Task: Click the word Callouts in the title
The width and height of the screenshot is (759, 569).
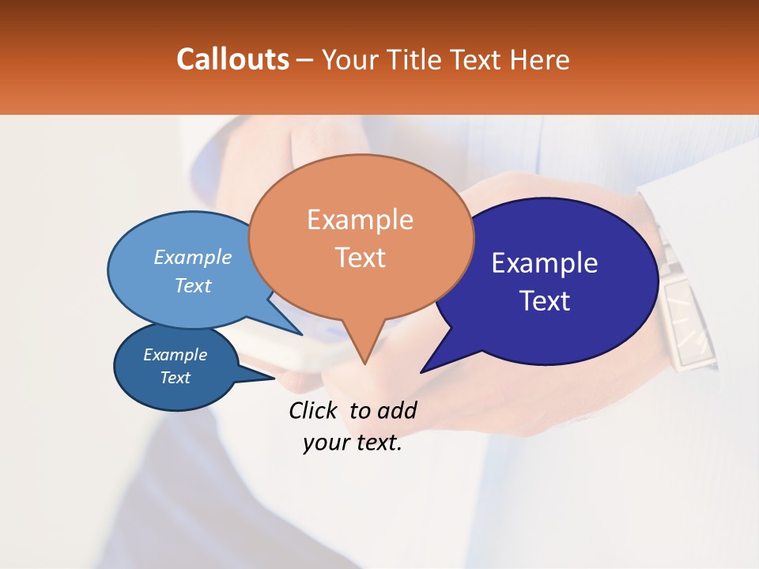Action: pos(232,59)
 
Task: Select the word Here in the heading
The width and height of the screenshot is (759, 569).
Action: pos(540,59)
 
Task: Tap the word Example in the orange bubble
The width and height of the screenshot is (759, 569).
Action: pos(360,220)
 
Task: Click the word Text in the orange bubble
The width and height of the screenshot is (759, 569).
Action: pos(360,258)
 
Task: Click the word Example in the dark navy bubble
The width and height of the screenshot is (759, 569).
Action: pos(545,263)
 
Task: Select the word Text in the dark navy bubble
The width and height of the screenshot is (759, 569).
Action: pos(545,301)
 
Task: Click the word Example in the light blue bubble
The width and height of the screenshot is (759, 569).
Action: pos(193,257)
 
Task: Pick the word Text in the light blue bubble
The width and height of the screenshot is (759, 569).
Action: pos(193,285)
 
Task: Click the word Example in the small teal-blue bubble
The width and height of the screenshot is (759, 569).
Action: pos(175,355)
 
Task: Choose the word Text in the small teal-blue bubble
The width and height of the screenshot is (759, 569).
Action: pos(175,378)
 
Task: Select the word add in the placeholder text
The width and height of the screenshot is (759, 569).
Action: pos(396,411)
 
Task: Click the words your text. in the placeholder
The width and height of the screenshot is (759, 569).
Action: pos(353,443)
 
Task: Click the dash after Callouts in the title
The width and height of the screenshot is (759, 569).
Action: pos(305,60)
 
